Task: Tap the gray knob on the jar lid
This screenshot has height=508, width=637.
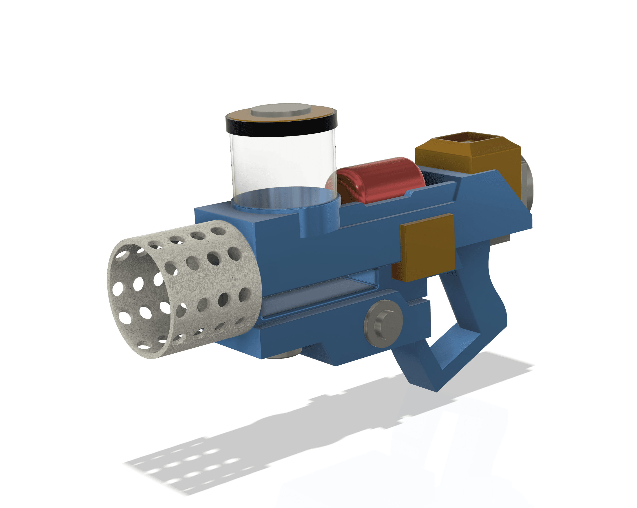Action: pos(281,110)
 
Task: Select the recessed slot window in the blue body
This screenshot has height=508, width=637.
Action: pos(319,293)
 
